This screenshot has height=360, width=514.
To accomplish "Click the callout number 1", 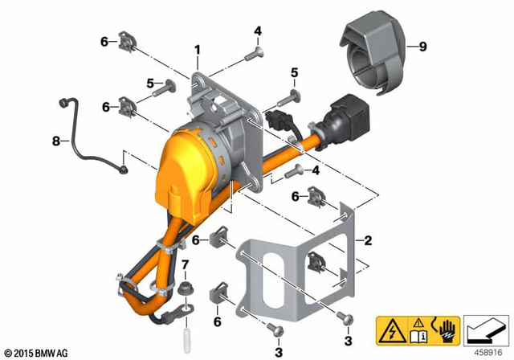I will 196,51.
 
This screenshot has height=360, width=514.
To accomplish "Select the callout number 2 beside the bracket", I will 368,240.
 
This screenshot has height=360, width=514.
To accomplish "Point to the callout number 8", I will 56,141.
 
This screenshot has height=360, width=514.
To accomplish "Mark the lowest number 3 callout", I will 279,350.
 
